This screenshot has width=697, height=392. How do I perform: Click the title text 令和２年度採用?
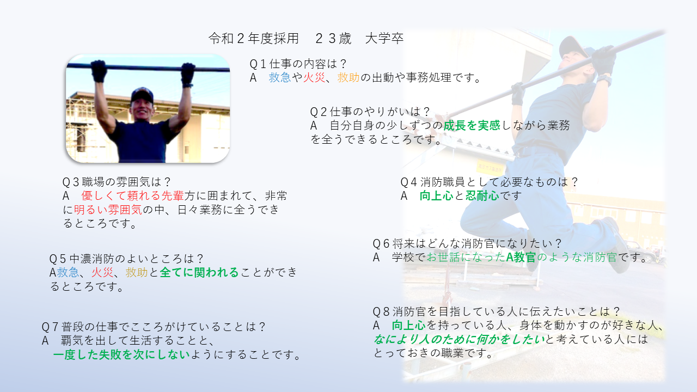pos(254,39)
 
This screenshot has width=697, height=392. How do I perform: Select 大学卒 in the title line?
pos(384,39)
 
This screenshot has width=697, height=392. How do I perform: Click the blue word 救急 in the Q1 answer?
pos(279,77)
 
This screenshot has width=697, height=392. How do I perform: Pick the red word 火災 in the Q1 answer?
pos(314,77)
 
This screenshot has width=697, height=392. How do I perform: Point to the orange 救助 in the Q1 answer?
pos(348,77)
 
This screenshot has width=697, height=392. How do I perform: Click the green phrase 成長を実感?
pos(472,125)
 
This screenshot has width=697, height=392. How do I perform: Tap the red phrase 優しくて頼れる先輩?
pos(132,195)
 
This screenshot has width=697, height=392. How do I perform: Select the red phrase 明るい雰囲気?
pos(108,210)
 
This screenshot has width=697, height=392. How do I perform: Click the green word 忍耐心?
pos(482,195)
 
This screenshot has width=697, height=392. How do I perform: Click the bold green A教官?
pos(521,258)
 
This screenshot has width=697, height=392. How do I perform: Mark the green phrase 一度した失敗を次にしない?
pos(121,354)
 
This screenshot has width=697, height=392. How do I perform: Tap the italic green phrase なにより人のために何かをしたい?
pos(459,339)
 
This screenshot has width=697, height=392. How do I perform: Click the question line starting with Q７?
pos(154,327)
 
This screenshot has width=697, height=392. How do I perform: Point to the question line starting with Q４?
pos(489,182)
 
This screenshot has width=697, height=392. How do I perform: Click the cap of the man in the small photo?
pos(142,95)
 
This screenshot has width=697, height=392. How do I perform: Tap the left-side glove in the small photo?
pos(99,71)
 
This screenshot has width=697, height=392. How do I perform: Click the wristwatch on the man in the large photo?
pos(604,80)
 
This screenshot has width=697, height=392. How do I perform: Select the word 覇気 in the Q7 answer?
pos(72,341)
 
